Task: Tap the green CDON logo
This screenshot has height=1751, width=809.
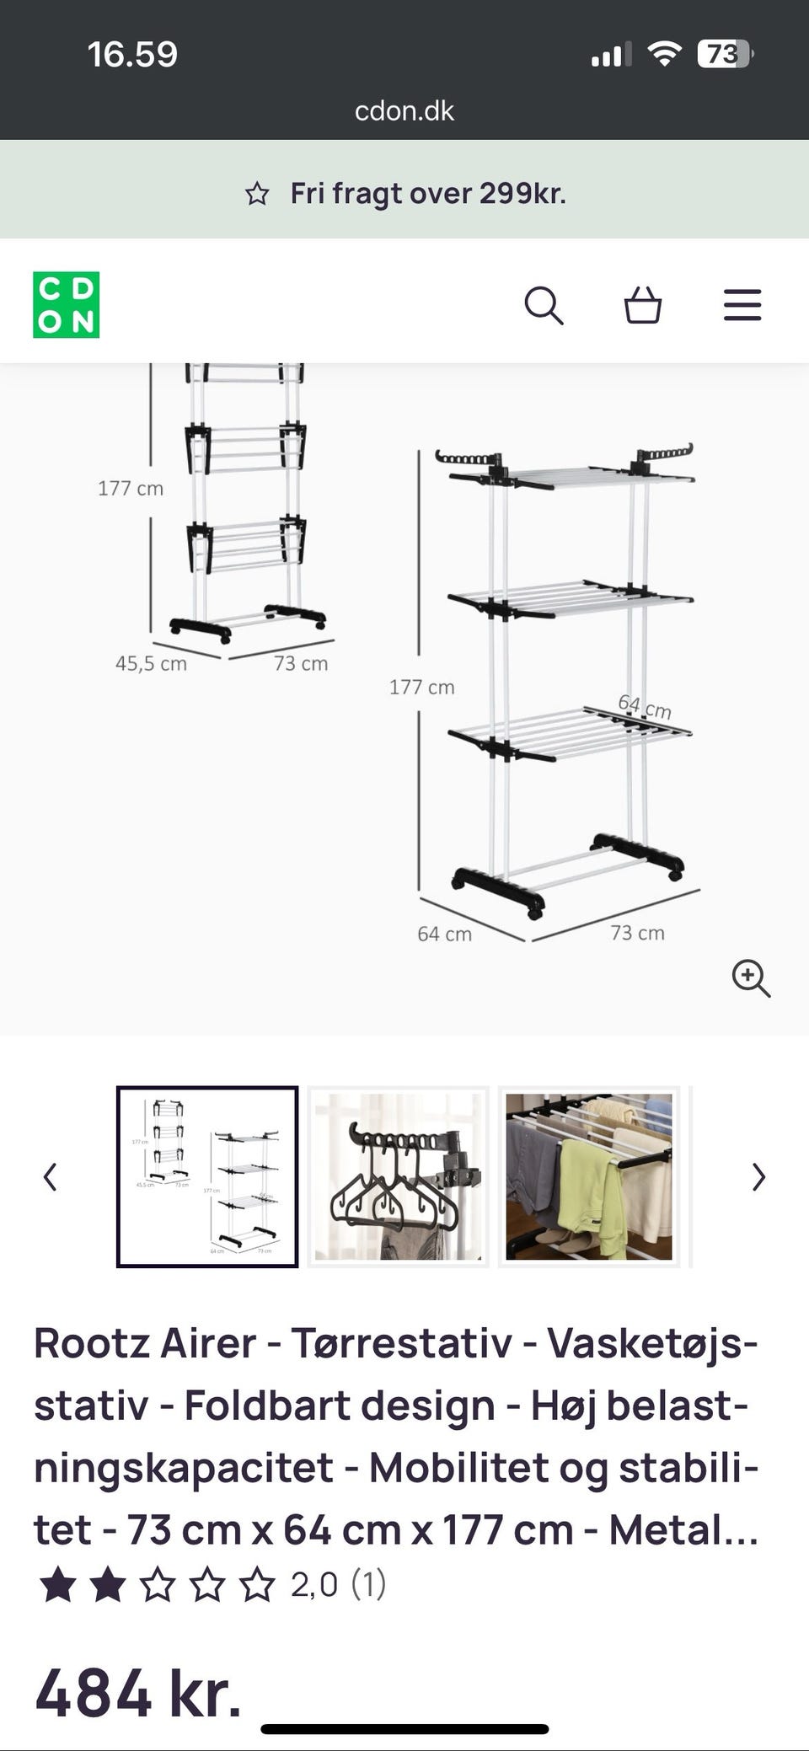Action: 66,304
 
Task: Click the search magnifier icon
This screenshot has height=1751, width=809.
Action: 544,305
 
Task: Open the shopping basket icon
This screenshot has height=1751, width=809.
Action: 642,305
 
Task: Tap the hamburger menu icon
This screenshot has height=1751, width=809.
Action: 742,305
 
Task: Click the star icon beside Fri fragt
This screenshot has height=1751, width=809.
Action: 257,194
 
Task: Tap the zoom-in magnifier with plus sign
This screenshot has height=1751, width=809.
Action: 751,978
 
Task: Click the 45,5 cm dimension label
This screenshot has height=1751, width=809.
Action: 151,663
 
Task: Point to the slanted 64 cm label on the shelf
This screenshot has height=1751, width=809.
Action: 645,706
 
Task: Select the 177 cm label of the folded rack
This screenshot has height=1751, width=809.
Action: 131,488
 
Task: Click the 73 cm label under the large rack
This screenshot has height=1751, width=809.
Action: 638,933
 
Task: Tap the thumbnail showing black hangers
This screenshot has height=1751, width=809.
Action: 398,1176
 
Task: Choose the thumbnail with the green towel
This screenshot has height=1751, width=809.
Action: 589,1176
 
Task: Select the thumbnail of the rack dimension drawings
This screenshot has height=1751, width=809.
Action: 207,1176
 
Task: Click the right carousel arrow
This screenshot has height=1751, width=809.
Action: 758,1176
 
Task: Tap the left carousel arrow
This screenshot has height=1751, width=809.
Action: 51,1176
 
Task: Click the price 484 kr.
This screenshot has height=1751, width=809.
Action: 138,1692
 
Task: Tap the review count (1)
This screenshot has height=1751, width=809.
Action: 368,1584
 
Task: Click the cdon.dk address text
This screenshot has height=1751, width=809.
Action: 404,110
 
